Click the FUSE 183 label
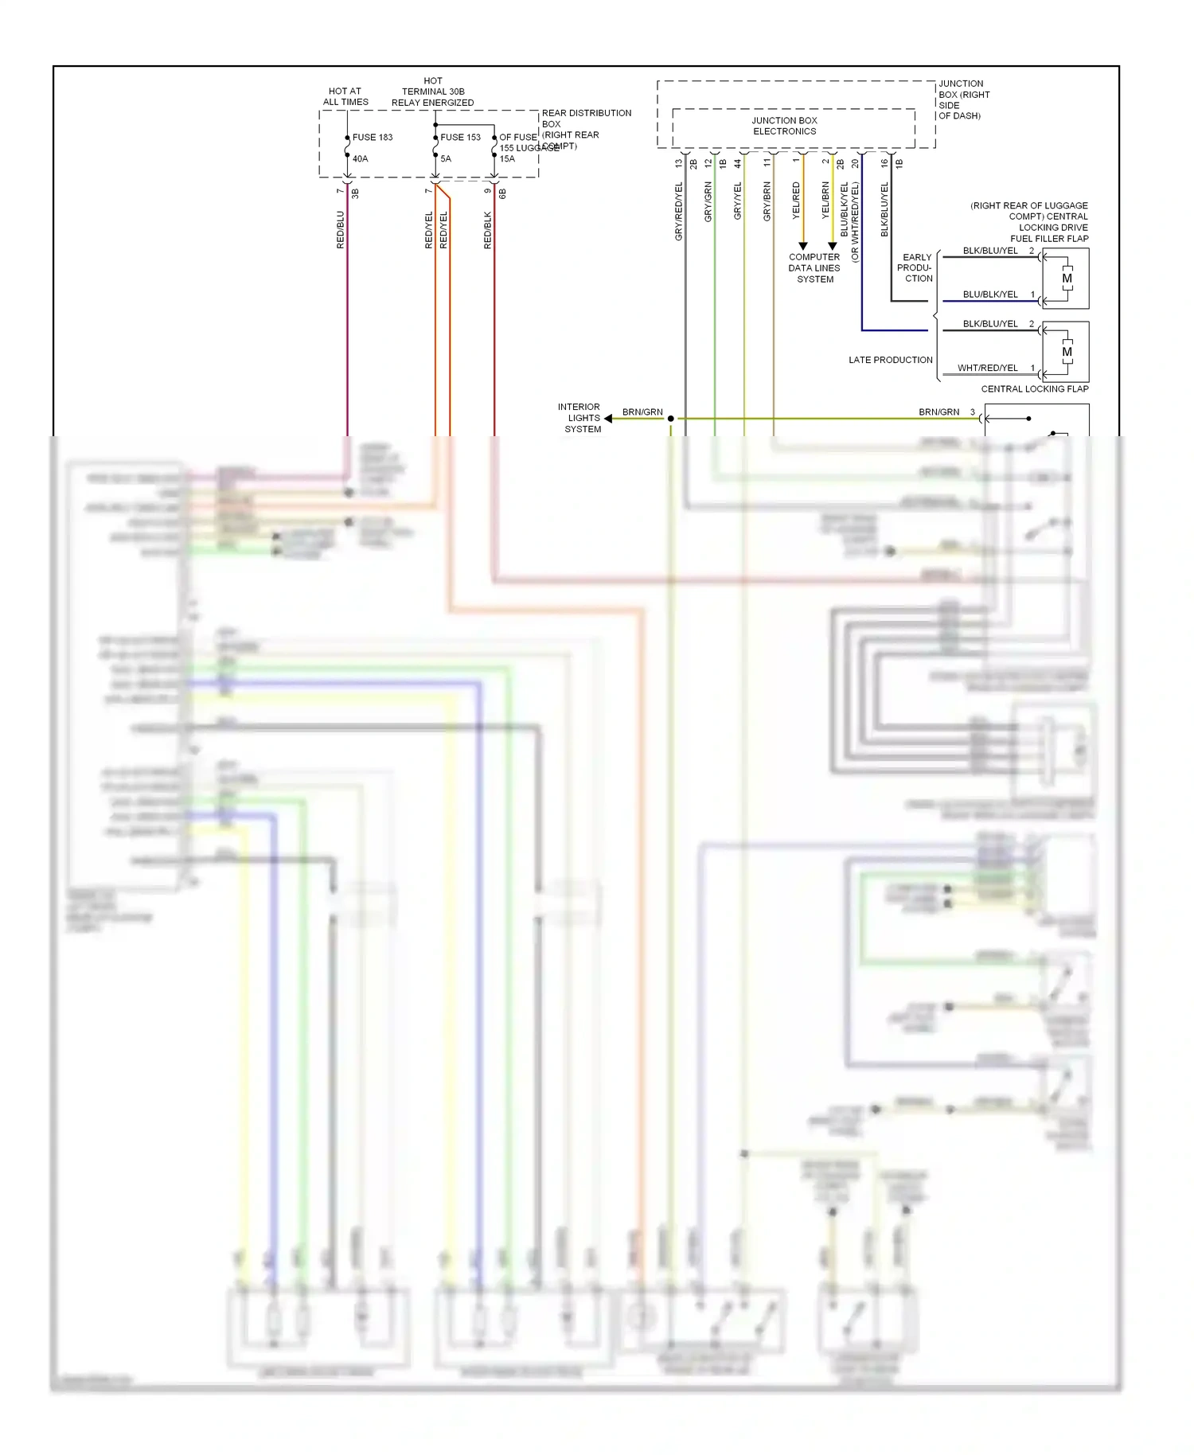(373, 138)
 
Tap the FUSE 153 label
(460, 138)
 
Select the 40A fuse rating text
(360, 159)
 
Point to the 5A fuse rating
(446, 159)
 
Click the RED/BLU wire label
(341, 230)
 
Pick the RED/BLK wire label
(488, 230)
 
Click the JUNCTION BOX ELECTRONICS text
(784, 126)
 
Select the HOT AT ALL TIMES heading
(345, 96)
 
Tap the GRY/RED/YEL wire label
(679, 212)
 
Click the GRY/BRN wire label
(767, 201)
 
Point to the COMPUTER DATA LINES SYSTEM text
(814, 268)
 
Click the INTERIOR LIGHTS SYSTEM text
(580, 418)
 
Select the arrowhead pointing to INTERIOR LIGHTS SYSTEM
(608, 419)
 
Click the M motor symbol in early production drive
(1067, 279)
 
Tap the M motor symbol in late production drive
(1067, 352)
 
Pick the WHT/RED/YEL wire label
(987, 368)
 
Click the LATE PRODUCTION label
(890, 360)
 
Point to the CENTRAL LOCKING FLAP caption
(1034, 389)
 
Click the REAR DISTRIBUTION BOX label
(586, 119)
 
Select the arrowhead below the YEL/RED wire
(803, 246)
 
